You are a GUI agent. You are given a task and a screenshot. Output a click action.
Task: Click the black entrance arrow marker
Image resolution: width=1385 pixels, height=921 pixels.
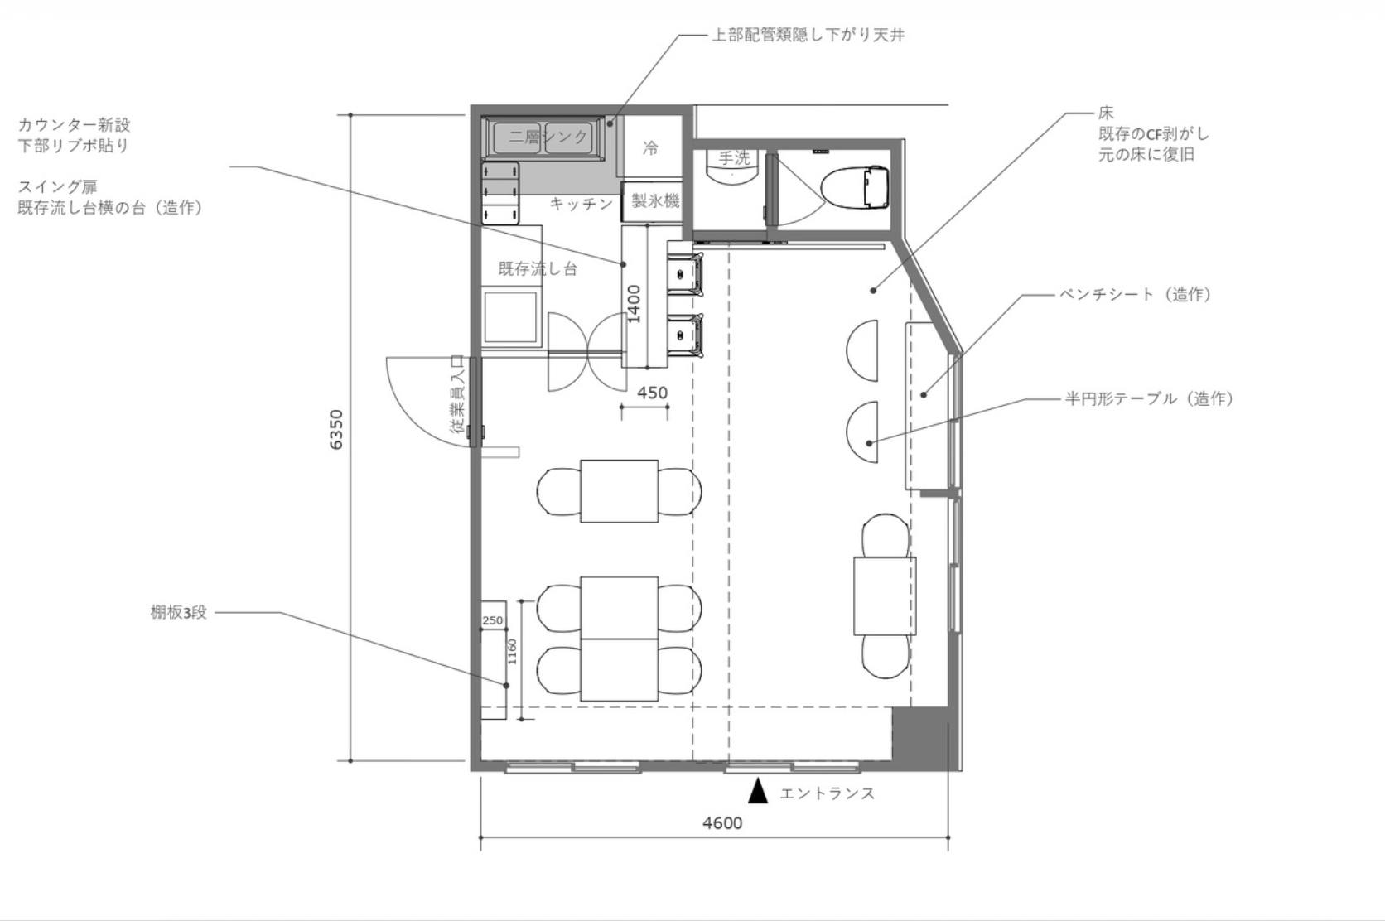click(758, 792)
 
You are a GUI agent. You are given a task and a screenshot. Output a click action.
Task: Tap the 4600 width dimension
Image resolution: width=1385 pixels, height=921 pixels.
click(722, 823)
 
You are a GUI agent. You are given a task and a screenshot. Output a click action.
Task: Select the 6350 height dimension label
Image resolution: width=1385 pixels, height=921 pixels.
click(336, 430)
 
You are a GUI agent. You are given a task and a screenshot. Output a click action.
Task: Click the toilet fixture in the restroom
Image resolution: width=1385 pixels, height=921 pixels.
click(856, 186)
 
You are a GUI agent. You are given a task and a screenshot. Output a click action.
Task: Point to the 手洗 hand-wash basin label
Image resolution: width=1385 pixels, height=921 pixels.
click(734, 158)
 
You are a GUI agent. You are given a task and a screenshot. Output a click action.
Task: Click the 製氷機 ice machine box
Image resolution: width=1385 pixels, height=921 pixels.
click(653, 201)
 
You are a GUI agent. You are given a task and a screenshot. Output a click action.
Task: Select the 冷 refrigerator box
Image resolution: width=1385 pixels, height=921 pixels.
click(652, 147)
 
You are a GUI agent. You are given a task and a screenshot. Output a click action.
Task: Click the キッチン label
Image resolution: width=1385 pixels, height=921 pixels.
click(582, 204)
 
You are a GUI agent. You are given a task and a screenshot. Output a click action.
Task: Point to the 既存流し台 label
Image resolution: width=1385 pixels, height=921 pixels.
click(538, 269)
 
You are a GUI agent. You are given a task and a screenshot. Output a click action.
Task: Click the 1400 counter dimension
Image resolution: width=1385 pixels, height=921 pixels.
click(635, 303)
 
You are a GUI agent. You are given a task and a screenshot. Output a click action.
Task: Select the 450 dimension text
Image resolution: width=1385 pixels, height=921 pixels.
click(652, 393)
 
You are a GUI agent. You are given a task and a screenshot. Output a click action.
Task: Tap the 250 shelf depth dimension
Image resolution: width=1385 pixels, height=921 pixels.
click(493, 620)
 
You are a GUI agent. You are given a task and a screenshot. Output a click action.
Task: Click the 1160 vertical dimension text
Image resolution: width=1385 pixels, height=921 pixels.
click(512, 652)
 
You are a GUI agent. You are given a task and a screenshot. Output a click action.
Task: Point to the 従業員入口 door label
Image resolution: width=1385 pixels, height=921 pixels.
click(457, 394)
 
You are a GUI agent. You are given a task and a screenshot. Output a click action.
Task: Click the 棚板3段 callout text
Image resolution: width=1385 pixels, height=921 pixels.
click(179, 613)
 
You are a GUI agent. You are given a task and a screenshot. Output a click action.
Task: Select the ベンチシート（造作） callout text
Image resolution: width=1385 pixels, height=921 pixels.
click(1135, 294)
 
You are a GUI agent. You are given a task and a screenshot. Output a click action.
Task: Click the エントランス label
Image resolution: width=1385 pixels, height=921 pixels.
click(828, 793)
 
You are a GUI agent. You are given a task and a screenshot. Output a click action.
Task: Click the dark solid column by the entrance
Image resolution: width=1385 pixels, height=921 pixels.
click(919, 737)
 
